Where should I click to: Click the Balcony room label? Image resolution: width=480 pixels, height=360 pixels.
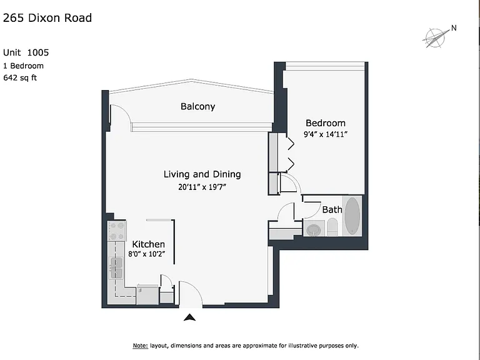[x=197, y=106]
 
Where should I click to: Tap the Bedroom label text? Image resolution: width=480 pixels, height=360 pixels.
[x=326, y=123]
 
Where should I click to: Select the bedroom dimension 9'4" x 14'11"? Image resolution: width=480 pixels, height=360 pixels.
[x=326, y=134]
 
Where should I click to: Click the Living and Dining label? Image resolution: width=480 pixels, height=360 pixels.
[x=202, y=174]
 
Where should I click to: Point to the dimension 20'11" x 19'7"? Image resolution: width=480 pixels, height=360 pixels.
[x=202, y=187]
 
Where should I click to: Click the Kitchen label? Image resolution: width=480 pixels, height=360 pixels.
[x=149, y=244]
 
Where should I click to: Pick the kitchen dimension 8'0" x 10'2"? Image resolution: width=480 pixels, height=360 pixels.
[x=147, y=254]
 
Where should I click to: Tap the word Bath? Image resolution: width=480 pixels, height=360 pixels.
[x=332, y=210]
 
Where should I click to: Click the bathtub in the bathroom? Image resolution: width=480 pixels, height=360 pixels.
[x=352, y=216]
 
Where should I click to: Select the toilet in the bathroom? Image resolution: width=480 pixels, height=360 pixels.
[x=332, y=227]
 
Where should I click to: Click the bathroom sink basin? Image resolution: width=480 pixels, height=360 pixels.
[x=314, y=229]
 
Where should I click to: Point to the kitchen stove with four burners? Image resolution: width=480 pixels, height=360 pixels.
[x=117, y=231]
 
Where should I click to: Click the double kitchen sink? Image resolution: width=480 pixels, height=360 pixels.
[x=117, y=268]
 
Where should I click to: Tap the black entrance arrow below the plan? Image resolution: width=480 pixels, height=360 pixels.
[x=189, y=317]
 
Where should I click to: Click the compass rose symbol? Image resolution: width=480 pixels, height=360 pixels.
[x=434, y=38]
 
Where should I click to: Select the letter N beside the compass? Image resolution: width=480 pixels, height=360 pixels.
[x=454, y=28]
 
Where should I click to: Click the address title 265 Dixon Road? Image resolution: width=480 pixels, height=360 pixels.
[x=47, y=18]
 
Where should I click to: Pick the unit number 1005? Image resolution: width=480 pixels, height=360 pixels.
[x=38, y=52]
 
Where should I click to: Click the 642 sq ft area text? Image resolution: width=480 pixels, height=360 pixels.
[x=20, y=77]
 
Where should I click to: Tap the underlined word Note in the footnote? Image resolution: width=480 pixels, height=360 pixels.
[x=140, y=346]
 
